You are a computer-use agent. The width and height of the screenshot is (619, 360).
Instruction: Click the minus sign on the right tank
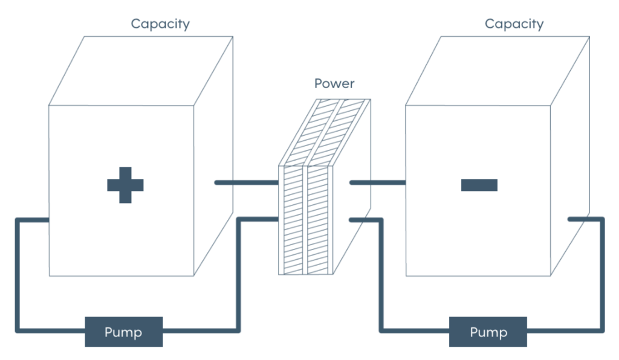point(479,185)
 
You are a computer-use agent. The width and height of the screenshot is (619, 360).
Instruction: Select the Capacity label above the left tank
point(160,24)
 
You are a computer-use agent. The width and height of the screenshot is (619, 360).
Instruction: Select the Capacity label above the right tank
point(514,24)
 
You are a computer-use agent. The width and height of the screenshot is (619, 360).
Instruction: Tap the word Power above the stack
point(334,83)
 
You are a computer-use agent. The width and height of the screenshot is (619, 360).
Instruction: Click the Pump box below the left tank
point(124,332)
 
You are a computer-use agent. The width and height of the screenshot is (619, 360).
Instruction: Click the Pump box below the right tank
point(488,332)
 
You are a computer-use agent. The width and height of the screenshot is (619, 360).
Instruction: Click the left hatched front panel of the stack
point(293,220)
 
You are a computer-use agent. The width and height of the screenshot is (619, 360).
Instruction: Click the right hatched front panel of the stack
point(319,220)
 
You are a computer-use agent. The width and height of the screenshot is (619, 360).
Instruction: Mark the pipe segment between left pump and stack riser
point(199,330)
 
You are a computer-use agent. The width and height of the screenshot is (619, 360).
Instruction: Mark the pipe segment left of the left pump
point(51,330)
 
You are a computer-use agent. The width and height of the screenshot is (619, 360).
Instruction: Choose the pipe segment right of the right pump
point(565,330)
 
